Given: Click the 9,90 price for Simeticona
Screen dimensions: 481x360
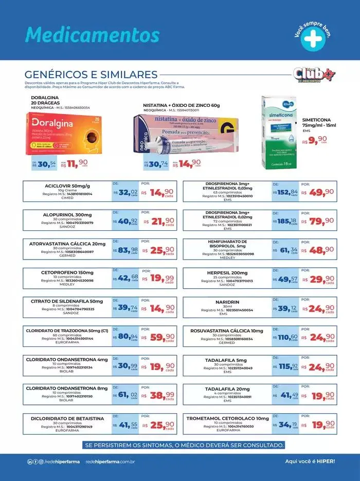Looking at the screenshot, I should pos(315,139).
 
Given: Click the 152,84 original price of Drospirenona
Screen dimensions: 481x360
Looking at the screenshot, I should pos(285,192).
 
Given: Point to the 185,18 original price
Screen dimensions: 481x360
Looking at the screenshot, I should pos(285,221).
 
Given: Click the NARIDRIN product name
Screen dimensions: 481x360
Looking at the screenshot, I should pos(227,302).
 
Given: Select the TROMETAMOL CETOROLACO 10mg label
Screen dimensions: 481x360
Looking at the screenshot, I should pos(227,418).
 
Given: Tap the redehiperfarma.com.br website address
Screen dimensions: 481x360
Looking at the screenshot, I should pos(110,461).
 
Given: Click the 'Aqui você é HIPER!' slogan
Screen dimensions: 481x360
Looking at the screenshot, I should pos(310,461).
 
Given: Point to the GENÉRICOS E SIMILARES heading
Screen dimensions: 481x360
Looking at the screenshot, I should pos(91,75).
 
